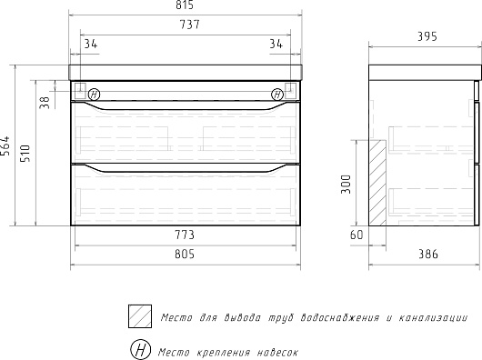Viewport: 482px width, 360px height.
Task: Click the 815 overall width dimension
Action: pyautogui.click(x=185, y=5)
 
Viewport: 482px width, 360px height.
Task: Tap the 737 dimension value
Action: pyautogui.click(x=190, y=25)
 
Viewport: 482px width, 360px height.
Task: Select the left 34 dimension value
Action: pyautogui.click(x=91, y=45)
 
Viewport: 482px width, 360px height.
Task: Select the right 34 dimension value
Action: pyautogui.click(x=276, y=45)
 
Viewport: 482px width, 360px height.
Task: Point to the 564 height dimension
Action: pyautogui.click(x=5, y=145)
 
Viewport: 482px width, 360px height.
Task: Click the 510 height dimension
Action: pyautogui.click(x=25, y=154)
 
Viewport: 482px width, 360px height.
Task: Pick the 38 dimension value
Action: pyautogui.click(x=45, y=103)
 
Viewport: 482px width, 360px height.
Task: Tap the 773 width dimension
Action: pyautogui.click(x=185, y=235)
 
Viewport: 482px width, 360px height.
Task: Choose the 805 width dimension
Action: pyautogui.click(x=185, y=255)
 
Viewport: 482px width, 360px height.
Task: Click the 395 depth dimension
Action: pyautogui.click(x=427, y=37)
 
